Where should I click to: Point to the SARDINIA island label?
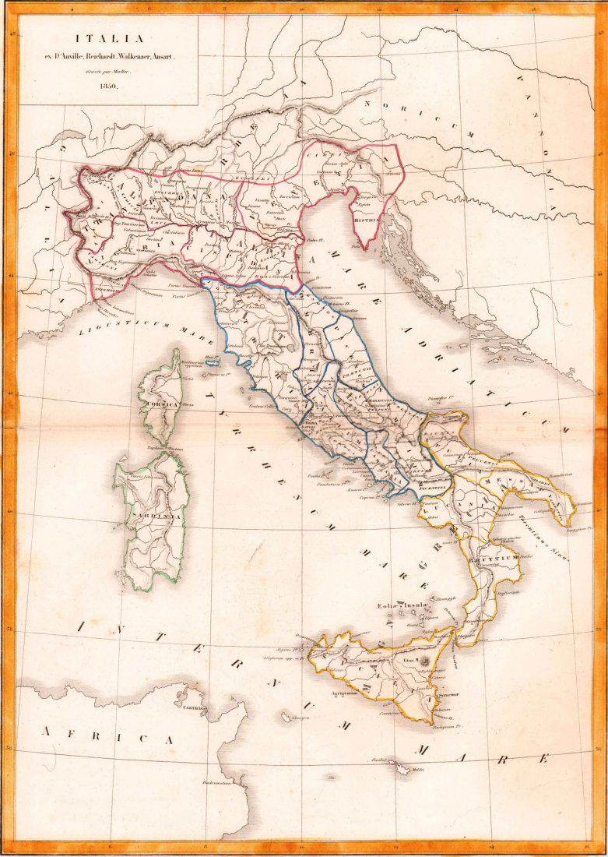(x=153, y=515)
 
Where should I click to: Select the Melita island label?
(x=418, y=770)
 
